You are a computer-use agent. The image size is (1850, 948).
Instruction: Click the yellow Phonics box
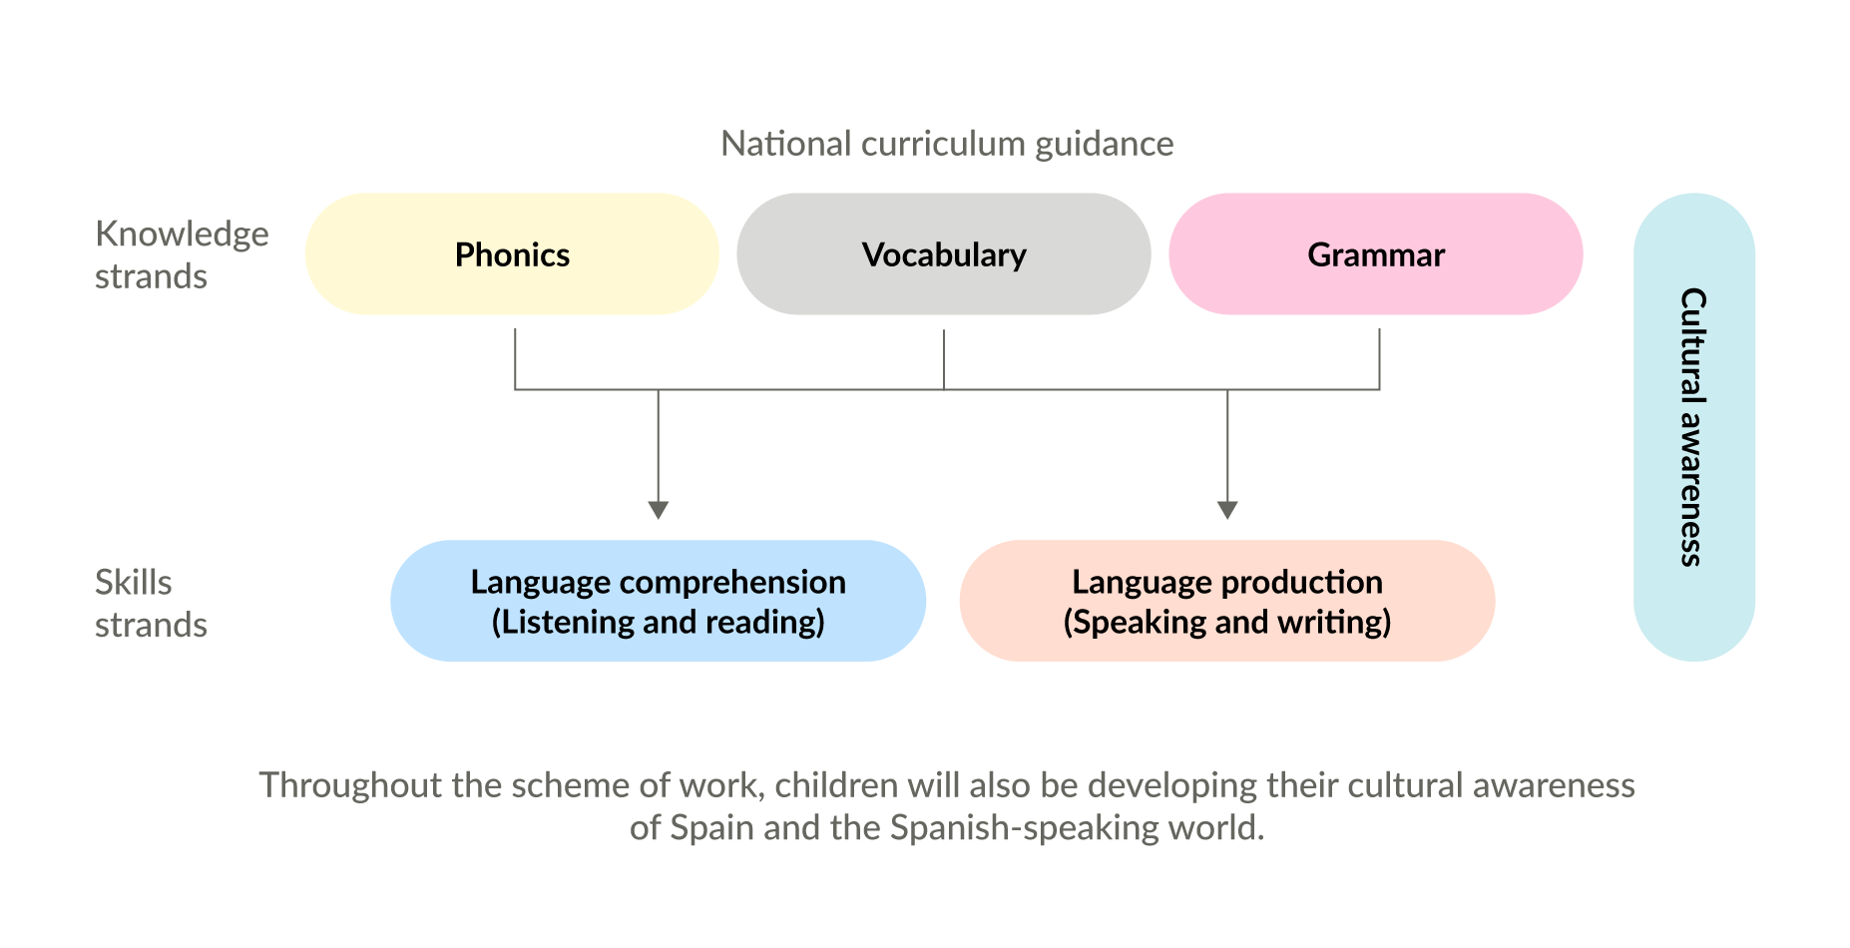(x=511, y=254)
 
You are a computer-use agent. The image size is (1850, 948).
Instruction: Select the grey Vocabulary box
(x=943, y=254)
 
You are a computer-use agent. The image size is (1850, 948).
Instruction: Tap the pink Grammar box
(x=1375, y=254)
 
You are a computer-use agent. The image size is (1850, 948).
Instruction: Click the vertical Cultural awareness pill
(x=1693, y=427)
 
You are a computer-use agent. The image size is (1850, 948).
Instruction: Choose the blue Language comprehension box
(x=658, y=601)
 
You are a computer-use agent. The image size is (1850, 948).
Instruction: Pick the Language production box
(x=1226, y=601)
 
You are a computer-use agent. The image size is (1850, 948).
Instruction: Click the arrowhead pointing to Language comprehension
(x=658, y=510)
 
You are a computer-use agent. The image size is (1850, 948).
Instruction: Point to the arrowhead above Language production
(x=1227, y=510)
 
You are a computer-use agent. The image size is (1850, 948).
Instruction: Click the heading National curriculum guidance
(x=946, y=144)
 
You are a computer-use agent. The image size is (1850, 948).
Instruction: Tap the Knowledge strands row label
(x=181, y=254)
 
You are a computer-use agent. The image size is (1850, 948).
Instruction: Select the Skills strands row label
(x=150, y=603)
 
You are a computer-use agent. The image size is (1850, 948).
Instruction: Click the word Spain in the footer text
(x=710, y=827)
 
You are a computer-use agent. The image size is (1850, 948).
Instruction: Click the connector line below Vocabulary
(x=944, y=358)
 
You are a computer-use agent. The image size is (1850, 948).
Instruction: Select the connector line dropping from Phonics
(x=515, y=358)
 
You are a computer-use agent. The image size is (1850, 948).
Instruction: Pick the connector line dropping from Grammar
(x=1379, y=358)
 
